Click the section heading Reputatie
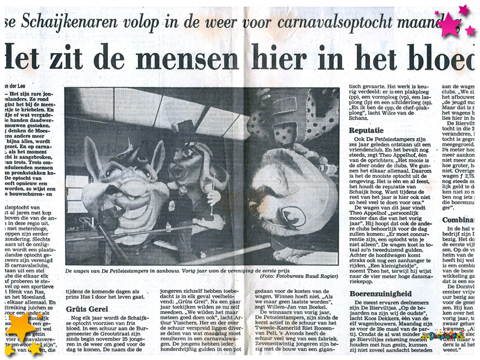click(x=365, y=130)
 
